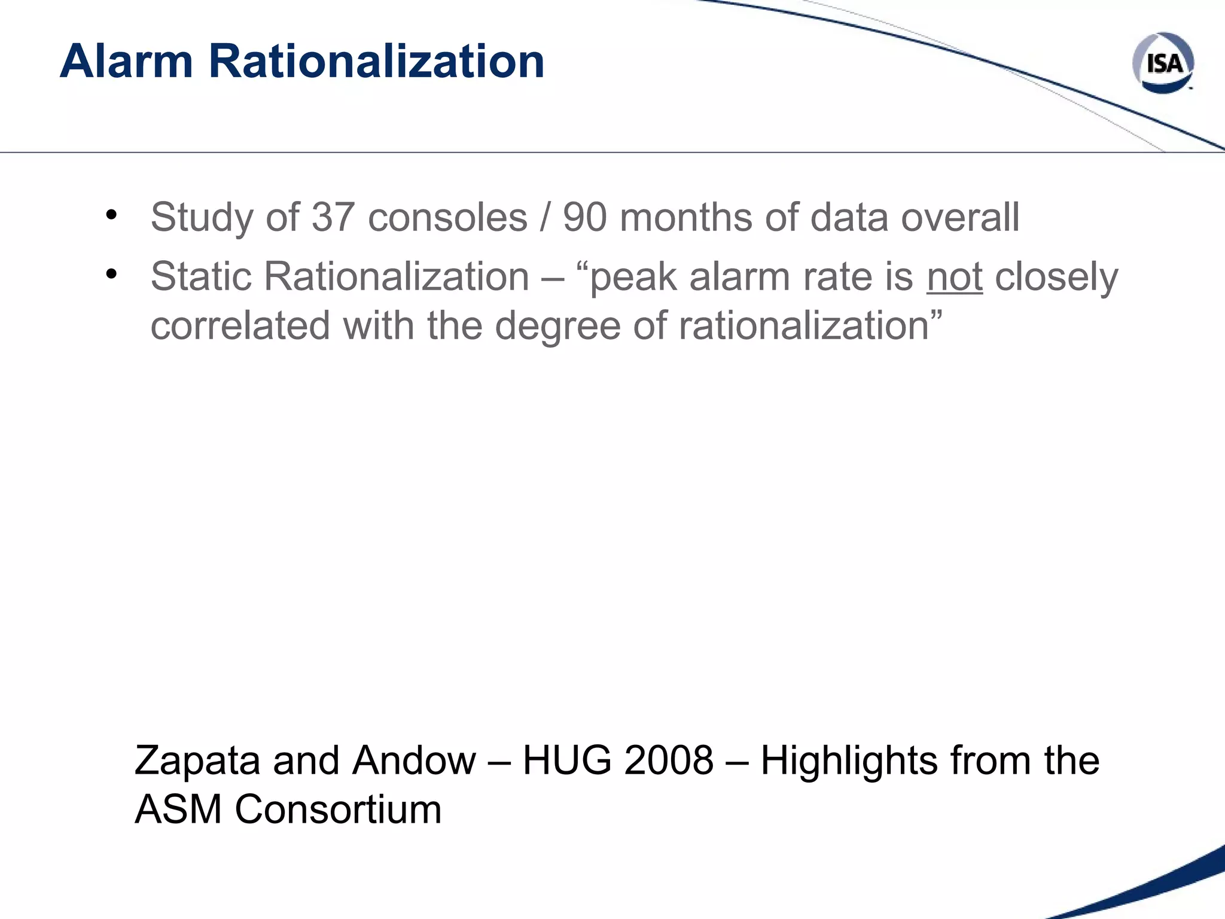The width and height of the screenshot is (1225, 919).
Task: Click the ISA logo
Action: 1163,63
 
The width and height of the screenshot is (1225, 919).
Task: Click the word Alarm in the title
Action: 126,61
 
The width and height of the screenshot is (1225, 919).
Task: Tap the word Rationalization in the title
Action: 376,61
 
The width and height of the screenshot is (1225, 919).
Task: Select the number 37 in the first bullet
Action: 333,217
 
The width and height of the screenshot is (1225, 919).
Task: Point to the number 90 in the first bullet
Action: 585,217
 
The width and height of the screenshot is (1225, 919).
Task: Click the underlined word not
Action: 954,277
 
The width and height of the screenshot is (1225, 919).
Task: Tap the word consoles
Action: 447,217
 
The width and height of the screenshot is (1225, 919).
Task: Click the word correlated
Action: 240,326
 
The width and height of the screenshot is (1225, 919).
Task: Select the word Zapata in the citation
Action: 197,761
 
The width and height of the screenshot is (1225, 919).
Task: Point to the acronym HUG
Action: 567,761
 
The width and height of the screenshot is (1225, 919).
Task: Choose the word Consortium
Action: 338,810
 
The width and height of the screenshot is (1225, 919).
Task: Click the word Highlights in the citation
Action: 849,761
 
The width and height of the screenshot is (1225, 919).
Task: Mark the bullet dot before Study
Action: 111,215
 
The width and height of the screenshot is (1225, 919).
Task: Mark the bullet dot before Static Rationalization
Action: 111,275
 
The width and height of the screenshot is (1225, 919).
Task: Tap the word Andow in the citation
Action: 414,761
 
